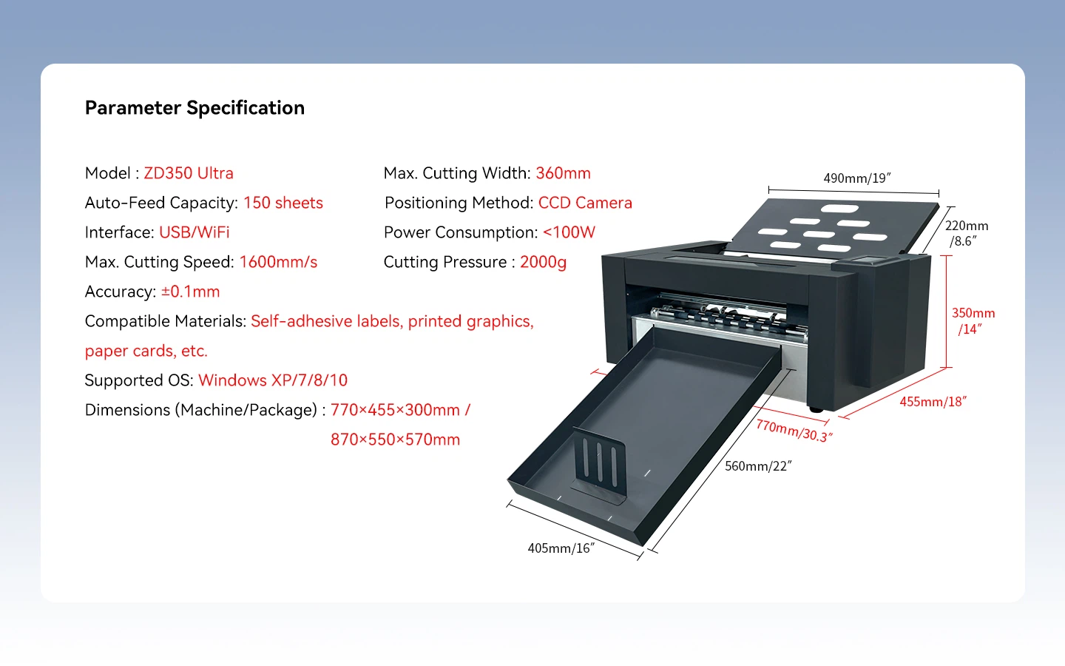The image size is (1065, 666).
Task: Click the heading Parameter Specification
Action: [195, 108]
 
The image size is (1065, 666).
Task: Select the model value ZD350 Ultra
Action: [189, 173]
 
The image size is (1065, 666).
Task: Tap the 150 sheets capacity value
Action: [283, 203]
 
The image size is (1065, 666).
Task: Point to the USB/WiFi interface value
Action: [194, 232]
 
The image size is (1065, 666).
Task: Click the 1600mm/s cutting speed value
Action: [278, 262]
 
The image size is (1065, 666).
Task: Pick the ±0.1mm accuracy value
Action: [190, 291]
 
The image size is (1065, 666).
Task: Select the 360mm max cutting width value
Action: [563, 173]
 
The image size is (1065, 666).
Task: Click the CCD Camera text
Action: [585, 203]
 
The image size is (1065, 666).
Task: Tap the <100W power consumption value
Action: [569, 232]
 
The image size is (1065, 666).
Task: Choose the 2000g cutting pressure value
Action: [543, 262]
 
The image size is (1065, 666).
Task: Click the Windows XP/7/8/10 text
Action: [273, 380]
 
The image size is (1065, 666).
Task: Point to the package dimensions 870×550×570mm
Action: [395, 439]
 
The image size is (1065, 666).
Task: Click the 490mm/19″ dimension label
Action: [856, 178]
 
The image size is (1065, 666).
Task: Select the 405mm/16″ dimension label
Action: [561, 548]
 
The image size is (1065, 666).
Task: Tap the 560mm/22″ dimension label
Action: [758, 465]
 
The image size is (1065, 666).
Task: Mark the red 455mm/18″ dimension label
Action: [933, 402]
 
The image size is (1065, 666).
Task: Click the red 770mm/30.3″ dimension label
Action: [794, 431]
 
